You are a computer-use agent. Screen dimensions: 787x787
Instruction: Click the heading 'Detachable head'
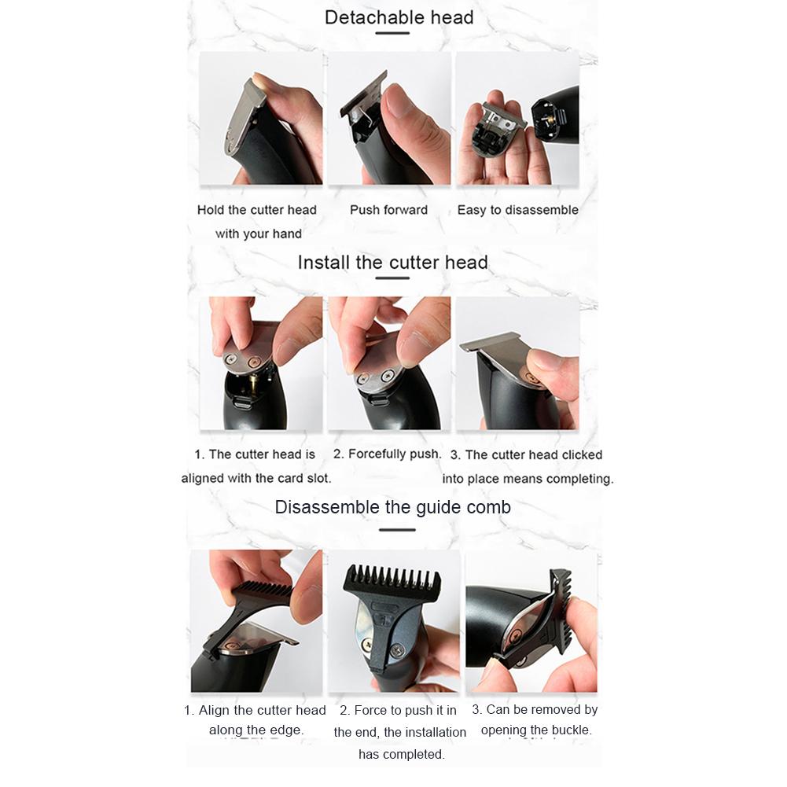pyautogui.click(x=399, y=17)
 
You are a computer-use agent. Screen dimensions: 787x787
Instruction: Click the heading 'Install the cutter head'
pyautogui.click(x=392, y=263)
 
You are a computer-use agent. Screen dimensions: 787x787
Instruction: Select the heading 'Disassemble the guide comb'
pyautogui.click(x=392, y=507)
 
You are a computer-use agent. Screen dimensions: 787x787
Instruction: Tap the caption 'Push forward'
pyautogui.click(x=388, y=210)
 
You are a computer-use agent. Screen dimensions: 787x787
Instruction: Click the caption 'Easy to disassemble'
pyautogui.click(x=517, y=210)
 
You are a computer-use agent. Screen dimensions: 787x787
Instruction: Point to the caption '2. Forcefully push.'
pyautogui.click(x=387, y=454)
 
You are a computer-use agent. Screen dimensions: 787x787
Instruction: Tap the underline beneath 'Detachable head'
pyautogui.click(x=392, y=33)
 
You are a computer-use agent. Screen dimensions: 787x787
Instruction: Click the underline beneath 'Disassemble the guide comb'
pyautogui.click(x=397, y=530)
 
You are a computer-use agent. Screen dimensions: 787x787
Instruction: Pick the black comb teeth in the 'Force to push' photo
pyautogui.click(x=392, y=578)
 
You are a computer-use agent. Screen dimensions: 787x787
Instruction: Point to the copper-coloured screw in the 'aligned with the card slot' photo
pyautogui.click(x=255, y=362)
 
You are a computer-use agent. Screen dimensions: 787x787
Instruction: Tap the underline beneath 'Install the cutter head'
pyautogui.click(x=392, y=278)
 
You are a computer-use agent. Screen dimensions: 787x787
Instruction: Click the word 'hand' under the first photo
pyautogui.click(x=287, y=234)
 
